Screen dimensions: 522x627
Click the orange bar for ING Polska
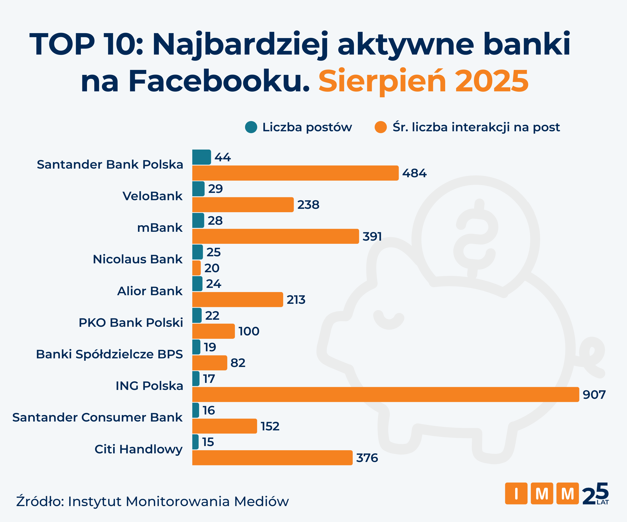[x=385, y=394]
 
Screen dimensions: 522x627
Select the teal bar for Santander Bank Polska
[x=201, y=157]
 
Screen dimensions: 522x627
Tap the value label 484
[x=414, y=173]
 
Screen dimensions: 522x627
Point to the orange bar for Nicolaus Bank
[x=196, y=268]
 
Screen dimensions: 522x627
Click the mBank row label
[x=159, y=228]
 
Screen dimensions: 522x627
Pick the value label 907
[x=594, y=395]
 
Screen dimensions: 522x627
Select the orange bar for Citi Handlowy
[x=272, y=458]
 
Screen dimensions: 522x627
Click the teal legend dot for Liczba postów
[x=251, y=127]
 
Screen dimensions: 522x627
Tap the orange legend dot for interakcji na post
[x=381, y=127]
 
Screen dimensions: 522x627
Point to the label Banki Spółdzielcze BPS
[x=109, y=354]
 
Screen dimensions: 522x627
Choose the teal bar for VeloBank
[x=198, y=189]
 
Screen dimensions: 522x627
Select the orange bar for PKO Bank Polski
[x=213, y=331]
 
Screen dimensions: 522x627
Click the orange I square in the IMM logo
[x=516, y=494]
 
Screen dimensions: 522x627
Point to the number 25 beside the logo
[x=595, y=494]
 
